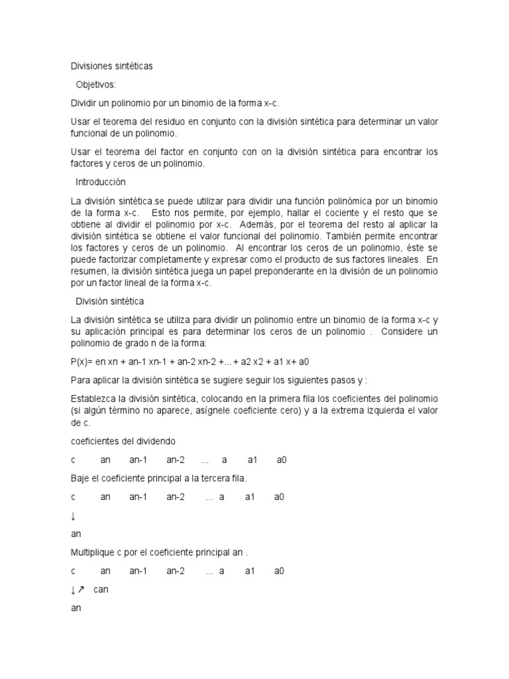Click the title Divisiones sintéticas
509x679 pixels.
[111, 66]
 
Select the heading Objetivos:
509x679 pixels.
[95, 85]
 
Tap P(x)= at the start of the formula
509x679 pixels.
[82, 362]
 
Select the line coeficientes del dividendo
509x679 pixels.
[123, 442]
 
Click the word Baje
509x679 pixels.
[81, 478]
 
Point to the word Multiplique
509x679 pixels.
[95, 552]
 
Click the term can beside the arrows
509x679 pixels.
[101, 589]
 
